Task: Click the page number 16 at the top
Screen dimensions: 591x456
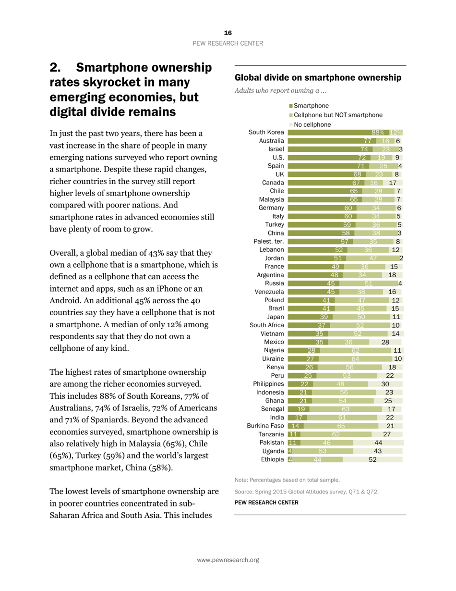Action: pyautogui.click(x=228, y=33)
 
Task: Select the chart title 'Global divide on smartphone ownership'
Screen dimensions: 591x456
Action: pyautogui.click(x=317, y=77)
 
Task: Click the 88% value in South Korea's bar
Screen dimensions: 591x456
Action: pyautogui.click(x=378, y=133)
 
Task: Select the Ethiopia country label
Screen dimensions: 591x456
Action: pyautogui.click(x=272, y=459)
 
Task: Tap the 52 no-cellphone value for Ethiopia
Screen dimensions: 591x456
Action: pyautogui.click(x=372, y=459)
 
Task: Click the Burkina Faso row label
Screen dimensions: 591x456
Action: pyautogui.click(x=265, y=426)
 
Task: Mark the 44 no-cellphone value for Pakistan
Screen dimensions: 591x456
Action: pyautogui.click(x=378, y=443)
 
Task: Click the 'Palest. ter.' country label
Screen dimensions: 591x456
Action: pyautogui.click(x=269, y=241)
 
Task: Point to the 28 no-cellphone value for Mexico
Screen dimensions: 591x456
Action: pyautogui.click(x=385, y=342)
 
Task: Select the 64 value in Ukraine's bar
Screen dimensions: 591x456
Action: pyautogui.click(x=355, y=359)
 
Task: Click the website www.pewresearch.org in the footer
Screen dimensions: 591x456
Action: pyautogui.click(x=228, y=560)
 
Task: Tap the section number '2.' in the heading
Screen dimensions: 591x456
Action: pyautogui.click(x=58, y=68)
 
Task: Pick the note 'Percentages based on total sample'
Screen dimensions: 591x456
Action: pyautogui.click(x=287, y=480)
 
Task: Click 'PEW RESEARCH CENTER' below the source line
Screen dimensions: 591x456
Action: pyautogui.click(x=266, y=503)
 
